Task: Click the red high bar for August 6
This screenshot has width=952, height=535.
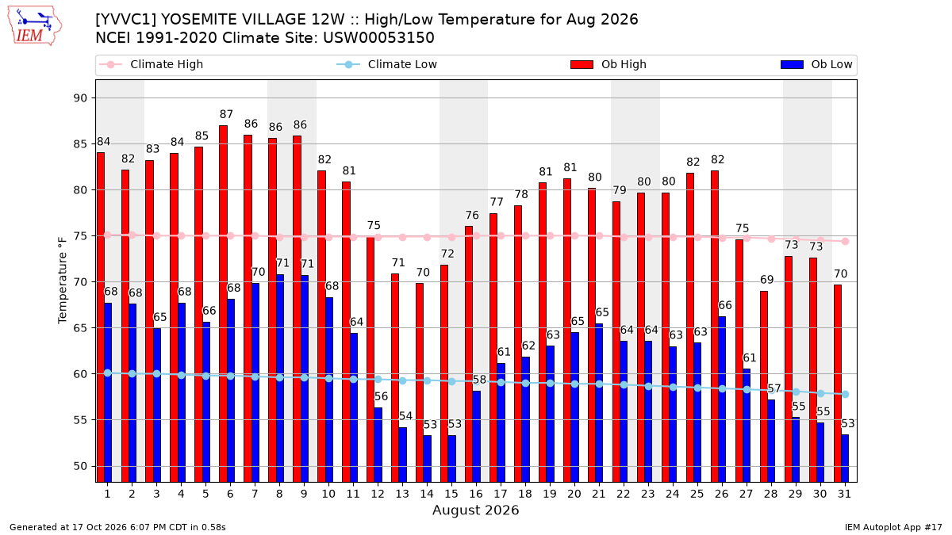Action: tap(223, 304)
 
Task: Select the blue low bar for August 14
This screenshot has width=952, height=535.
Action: tap(428, 459)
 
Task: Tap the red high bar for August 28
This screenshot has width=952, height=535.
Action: tap(764, 387)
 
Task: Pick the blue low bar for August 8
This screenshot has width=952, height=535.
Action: tap(280, 378)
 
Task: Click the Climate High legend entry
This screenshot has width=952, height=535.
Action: tap(152, 64)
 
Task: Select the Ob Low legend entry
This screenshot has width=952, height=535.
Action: tap(816, 64)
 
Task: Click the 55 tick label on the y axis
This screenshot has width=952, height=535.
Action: tap(80, 420)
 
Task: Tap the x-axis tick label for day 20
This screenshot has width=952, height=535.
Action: tap(574, 494)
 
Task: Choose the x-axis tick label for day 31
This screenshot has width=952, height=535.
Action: tap(844, 494)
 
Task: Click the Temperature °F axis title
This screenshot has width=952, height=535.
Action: tap(63, 281)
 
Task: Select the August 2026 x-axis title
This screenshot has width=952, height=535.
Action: tap(475, 510)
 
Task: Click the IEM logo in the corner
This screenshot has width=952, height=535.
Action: tap(35, 26)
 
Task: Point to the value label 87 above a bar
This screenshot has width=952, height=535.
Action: tap(227, 114)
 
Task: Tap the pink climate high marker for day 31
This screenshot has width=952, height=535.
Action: tap(846, 241)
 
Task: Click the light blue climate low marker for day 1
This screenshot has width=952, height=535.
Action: tap(108, 373)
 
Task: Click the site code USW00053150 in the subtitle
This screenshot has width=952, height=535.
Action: tap(378, 38)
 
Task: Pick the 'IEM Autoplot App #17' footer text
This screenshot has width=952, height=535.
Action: tap(893, 527)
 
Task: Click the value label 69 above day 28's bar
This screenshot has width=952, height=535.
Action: tap(767, 280)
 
